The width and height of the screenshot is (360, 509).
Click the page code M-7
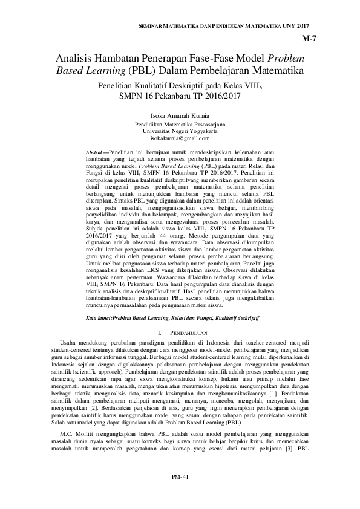(309, 40)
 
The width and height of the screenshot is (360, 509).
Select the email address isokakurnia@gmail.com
(180, 138)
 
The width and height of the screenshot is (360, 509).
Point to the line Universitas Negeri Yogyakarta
(180, 131)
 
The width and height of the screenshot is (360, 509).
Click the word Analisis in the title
(74, 59)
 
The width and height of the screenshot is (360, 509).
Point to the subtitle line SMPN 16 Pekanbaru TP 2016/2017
(180, 96)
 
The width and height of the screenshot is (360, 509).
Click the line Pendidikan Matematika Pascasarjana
(180, 124)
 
